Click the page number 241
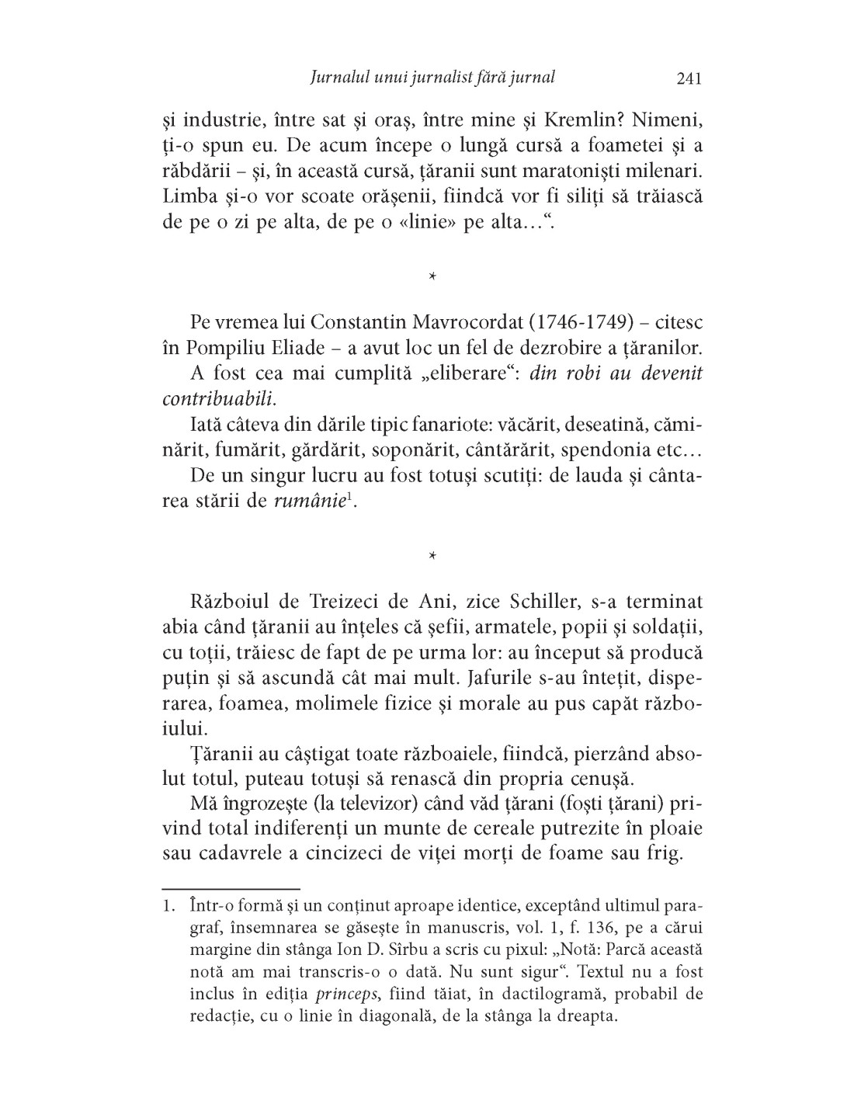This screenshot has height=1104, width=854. coord(689,78)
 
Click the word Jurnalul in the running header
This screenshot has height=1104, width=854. coord(338,78)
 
